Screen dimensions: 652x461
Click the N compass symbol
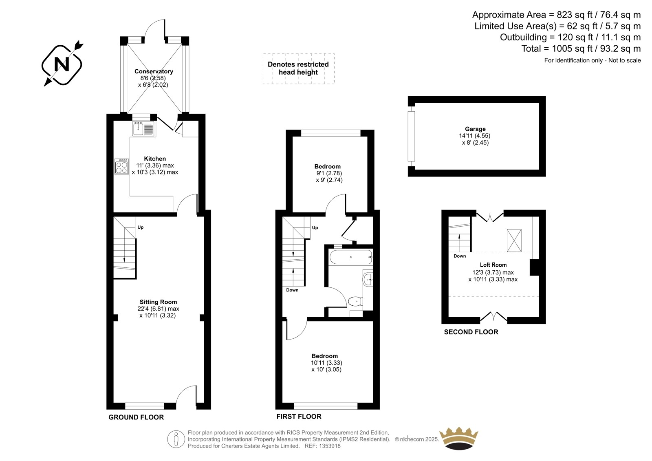[x=62, y=65]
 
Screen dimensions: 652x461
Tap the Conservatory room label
[x=154, y=71]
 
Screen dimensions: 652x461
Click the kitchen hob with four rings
[x=122, y=167]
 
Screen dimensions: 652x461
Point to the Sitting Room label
[x=158, y=302]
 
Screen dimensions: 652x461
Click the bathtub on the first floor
[x=351, y=257]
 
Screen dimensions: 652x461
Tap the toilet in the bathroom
[x=355, y=301]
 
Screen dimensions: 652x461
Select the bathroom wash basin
[x=368, y=280]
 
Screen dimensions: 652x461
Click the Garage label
[x=475, y=129]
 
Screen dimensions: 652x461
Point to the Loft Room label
[x=493, y=265]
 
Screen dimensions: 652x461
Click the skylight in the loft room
[x=514, y=240]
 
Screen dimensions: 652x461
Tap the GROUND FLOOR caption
[x=136, y=417]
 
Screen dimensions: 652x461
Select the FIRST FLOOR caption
[x=299, y=417]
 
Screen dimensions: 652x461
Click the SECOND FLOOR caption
[x=471, y=332]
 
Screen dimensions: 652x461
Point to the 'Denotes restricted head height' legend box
[x=298, y=68]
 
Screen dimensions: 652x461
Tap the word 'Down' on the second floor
[x=460, y=256]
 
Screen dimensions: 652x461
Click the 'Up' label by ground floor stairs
[x=141, y=227]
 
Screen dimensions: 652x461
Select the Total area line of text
[x=581, y=49]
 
